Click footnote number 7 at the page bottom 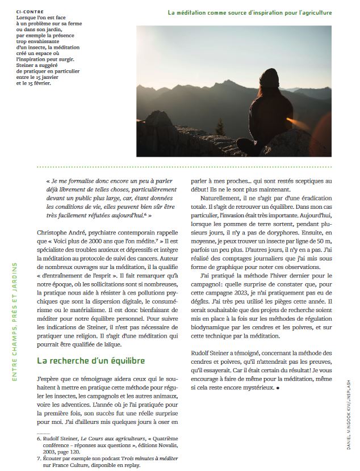click(x=39, y=457)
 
